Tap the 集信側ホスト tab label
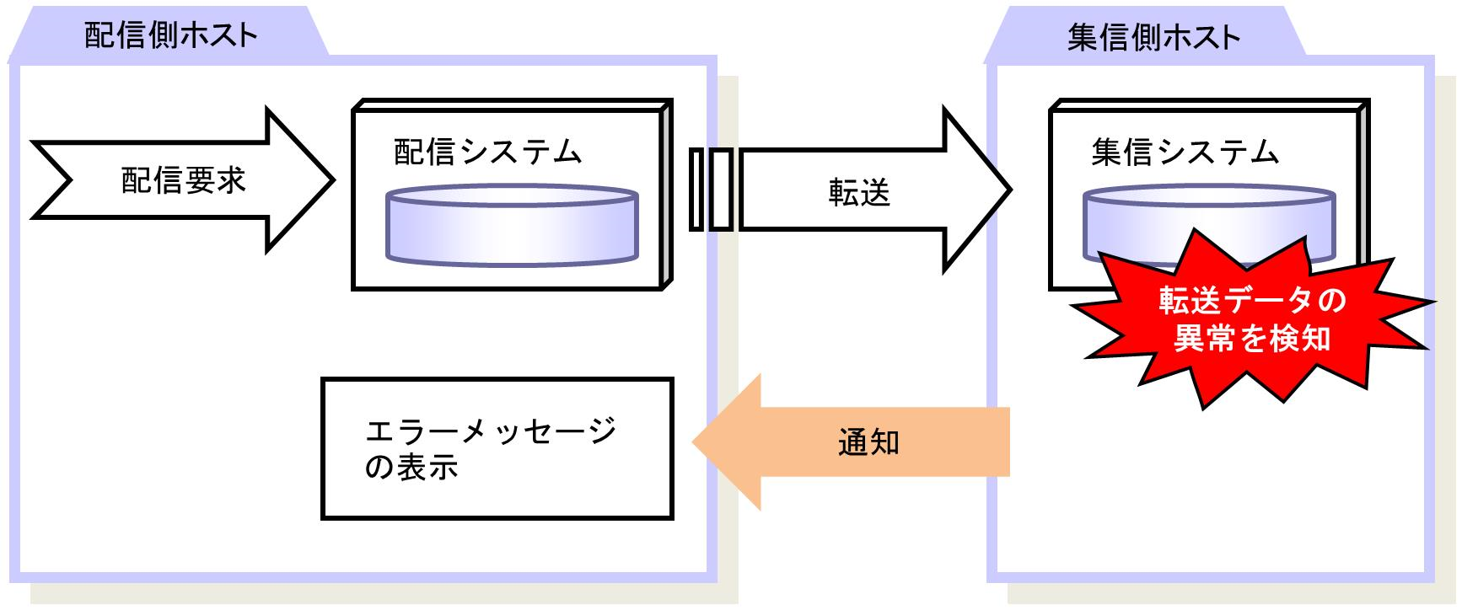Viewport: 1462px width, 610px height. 1153,37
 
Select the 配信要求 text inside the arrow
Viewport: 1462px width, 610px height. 183,180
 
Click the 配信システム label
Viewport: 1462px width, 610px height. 488,152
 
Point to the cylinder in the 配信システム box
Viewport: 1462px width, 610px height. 512,225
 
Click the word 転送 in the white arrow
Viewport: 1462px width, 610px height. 859,193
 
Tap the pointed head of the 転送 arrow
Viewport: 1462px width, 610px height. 1009,190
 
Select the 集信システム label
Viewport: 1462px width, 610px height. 1185,152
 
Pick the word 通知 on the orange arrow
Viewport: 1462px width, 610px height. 869,441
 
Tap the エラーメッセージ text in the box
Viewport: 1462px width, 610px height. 492,431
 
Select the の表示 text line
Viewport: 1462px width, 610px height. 411,467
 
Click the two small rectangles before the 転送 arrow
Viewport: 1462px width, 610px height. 710,189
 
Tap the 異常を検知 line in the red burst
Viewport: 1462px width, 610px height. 1253,339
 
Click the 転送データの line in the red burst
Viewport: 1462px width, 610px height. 1253,301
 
